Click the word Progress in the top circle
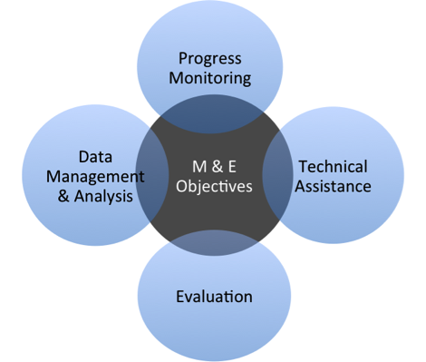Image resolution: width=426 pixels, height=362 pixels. (209, 60)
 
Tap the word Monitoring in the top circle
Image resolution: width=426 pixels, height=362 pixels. (209, 79)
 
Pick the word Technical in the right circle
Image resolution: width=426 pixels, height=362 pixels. (333, 167)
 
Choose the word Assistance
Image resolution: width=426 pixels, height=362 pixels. (334, 187)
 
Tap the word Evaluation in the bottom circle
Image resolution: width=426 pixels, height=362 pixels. (214, 297)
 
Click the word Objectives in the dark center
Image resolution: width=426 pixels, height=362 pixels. (214, 187)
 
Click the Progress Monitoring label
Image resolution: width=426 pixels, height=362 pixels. (209, 69)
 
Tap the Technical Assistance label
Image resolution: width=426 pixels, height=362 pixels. (334, 177)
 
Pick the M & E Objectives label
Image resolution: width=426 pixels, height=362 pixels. (214, 177)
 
